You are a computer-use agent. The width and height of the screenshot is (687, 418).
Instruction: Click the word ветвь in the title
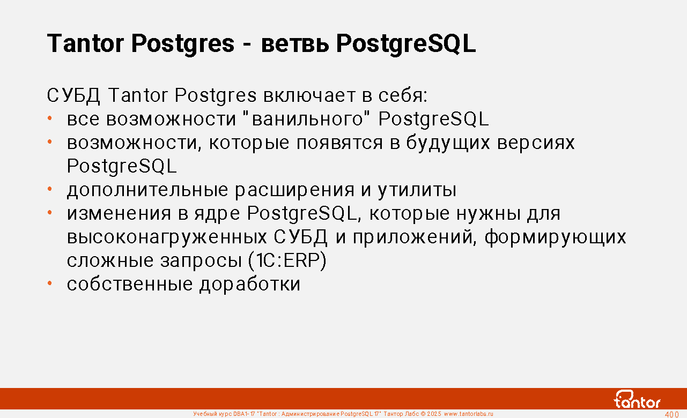coord(295,43)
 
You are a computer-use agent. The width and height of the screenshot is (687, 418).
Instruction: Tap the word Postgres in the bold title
coord(183,44)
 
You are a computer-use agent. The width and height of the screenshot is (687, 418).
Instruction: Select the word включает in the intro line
coord(309,95)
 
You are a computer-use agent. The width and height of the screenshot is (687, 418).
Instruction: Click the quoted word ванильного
coord(307,118)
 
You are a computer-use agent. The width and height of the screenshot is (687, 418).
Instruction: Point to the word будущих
coord(448,143)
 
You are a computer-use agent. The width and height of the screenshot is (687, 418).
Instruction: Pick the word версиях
coord(536,143)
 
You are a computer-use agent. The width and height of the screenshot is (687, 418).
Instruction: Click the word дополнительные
coord(147,190)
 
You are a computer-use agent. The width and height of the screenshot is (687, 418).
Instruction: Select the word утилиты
coord(417,190)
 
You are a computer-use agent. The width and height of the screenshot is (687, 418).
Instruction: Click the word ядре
coord(217,214)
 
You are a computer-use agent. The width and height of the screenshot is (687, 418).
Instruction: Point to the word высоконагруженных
coord(167,237)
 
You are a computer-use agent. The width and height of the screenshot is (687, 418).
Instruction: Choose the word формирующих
coord(556,237)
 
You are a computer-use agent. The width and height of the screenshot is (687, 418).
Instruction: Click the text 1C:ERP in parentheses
coord(287,260)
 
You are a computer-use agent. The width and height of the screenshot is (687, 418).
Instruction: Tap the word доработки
coord(250,284)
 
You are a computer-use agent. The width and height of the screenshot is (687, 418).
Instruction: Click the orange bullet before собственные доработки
coord(50,283)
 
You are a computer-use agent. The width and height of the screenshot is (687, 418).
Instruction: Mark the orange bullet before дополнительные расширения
coord(50,189)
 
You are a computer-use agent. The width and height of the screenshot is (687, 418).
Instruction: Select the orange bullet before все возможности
coord(50,118)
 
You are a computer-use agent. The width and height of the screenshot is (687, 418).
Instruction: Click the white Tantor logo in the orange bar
coord(637,399)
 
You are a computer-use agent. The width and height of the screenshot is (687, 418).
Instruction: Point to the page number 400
coord(671,415)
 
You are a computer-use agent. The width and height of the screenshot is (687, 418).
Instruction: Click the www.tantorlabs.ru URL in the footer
coord(469,414)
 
